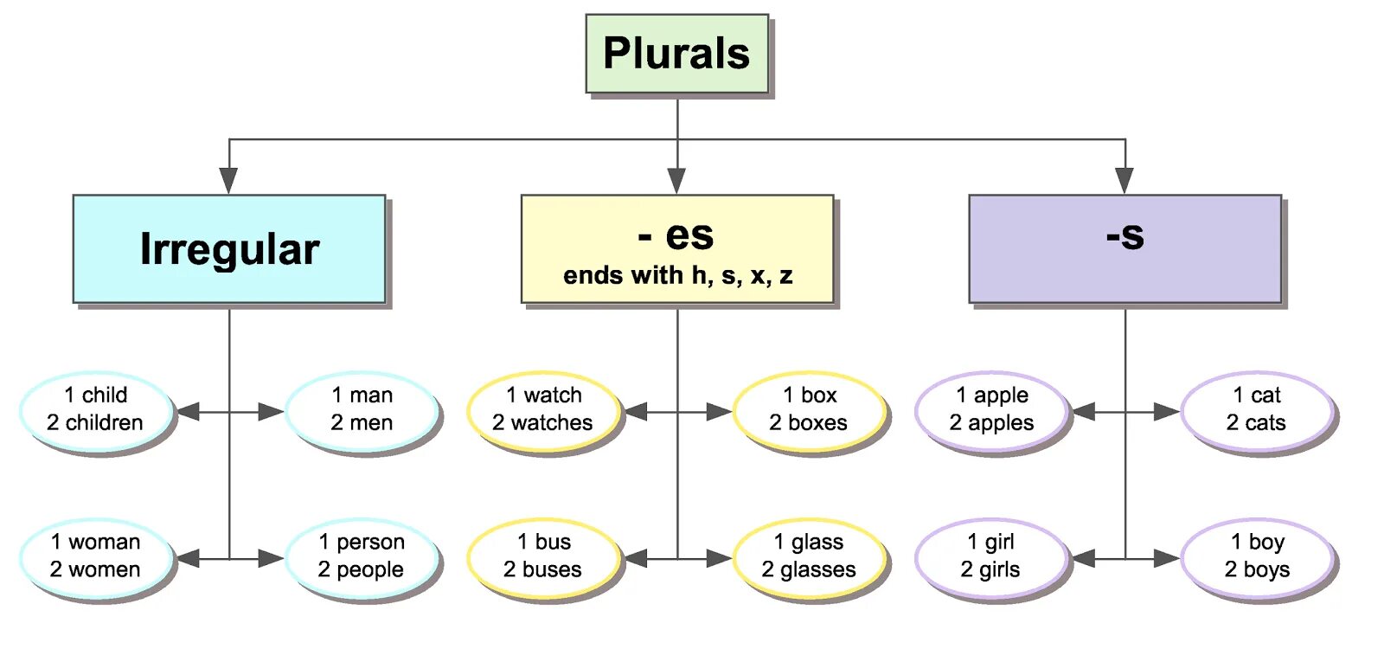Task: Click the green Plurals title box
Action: click(676, 54)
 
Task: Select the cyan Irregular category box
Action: click(229, 249)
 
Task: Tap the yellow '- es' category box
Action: click(677, 249)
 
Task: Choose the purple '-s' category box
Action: click(1124, 249)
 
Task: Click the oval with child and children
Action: click(95, 410)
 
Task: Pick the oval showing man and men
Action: click(362, 410)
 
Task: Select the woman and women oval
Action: click(95, 557)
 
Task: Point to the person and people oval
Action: click(362, 557)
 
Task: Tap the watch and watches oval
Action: click(543, 410)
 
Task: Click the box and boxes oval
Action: click(809, 410)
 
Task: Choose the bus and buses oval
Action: click(543, 557)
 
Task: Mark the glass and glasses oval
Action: click(809, 557)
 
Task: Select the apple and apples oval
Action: click(991, 410)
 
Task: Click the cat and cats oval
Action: click(1257, 410)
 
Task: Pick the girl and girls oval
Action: click(991, 557)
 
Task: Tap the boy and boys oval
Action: click(1257, 557)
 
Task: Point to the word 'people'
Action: click(370, 570)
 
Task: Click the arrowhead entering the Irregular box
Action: click(228, 180)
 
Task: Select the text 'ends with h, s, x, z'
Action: click(677, 276)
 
